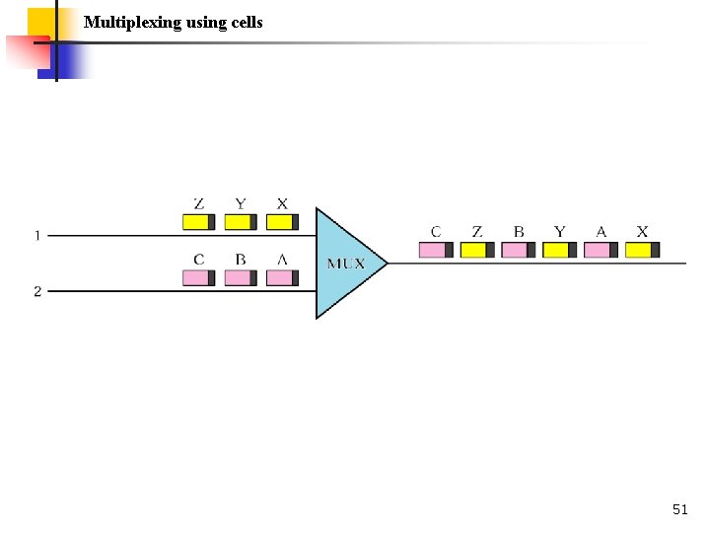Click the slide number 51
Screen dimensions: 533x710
click(x=679, y=509)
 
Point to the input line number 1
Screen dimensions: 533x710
click(x=37, y=236)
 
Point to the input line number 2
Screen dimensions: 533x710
click(x=37, y=291)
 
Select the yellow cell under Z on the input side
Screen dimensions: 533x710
click(x=199, y=222)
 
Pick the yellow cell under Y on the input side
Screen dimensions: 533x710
click(x=241, y=222)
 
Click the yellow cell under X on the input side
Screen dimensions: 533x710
click(x=282, y=222)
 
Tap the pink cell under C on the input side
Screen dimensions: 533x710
click(x=199, y=277)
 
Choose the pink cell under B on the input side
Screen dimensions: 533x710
click(x=241, y=277)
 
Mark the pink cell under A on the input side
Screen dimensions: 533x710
click(x=282, y=277)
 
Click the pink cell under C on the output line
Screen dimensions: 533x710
click(x=436, y=250)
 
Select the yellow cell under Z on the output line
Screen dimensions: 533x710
click(x=477, y=250)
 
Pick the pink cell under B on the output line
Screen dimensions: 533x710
click(x=519, y=250)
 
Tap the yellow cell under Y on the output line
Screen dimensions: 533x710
click(x=560, y=250)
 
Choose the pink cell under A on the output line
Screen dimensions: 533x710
click(x=602, y=250)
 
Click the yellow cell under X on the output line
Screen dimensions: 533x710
click(x=643, y=250)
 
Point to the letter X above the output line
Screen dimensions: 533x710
click(x=643, y=232)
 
